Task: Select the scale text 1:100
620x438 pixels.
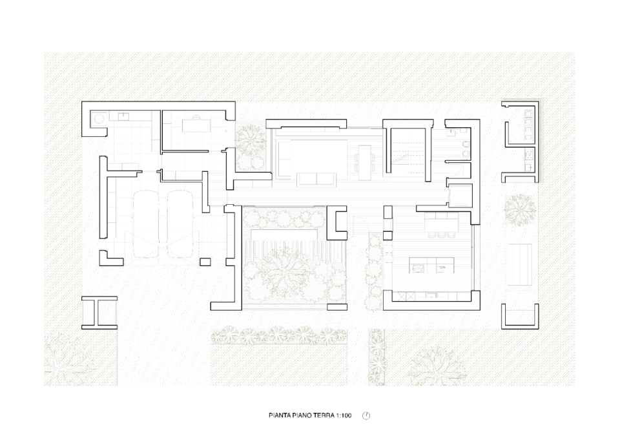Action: (x=344, y=415)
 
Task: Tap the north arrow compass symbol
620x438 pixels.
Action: (x=366, y=415)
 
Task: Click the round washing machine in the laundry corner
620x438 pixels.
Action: (x=98, y=118)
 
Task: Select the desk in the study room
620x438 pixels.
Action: (x=196, y=125)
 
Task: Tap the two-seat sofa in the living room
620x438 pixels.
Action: (x=317, y=179)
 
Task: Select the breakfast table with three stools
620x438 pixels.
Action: (x=442, y=224)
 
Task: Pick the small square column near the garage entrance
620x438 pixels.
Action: (x=205, y=262)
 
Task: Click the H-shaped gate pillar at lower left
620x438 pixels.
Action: (x=99, y=313)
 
